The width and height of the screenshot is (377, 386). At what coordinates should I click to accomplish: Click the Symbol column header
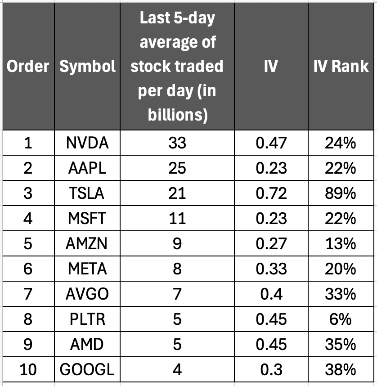point(87,67)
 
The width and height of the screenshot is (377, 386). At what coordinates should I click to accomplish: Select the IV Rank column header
point(341,67)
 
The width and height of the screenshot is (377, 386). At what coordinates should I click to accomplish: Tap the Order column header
point(27,67)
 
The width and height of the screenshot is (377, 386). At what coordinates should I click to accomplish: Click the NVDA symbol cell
point(87,144)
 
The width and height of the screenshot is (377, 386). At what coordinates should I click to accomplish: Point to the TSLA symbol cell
point(87,193)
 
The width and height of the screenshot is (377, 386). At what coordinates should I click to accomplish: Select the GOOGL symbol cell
point(87,370)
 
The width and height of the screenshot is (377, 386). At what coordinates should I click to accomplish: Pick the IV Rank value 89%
point(341,193)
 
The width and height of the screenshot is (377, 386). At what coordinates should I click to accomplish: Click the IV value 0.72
point(271,193)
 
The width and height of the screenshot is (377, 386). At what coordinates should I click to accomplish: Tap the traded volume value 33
point(177,144)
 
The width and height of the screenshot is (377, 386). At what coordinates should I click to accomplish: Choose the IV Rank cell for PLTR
point(341,319)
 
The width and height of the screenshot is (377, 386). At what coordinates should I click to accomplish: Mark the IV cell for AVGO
point(271,294)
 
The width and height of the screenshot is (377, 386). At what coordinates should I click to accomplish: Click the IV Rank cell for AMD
point(341,344)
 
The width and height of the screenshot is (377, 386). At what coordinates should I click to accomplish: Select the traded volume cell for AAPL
point(177,168)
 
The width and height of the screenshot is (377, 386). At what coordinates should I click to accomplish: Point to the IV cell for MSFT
point(271,219)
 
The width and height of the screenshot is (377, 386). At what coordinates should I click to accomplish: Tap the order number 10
point(27,370)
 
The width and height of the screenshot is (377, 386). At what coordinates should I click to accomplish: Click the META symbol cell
point(87,269)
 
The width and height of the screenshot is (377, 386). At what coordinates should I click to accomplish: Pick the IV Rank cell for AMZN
point(341,244)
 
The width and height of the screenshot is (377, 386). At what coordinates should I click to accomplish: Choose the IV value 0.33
point(271,269)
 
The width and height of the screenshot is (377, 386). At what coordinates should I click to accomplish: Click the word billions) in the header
point(177,115)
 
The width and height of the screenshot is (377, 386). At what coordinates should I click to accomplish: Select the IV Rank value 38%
point(341,370)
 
